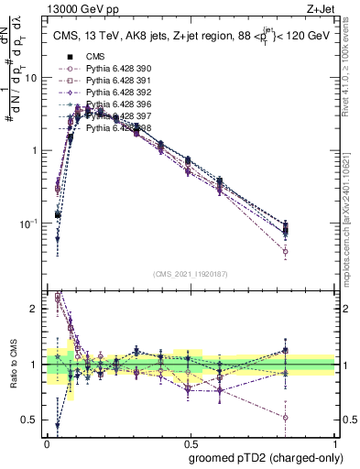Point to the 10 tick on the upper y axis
[x=33, y=78]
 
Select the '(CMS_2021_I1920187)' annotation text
[x=191, y=274]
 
